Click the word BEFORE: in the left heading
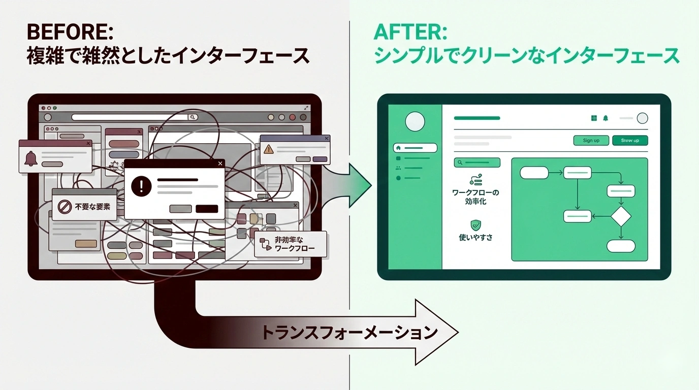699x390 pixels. [70, 32]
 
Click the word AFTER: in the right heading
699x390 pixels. [410, 32]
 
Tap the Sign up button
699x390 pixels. [591, 141]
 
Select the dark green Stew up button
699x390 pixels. [630, 141]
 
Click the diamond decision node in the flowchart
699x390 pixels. [621, 217]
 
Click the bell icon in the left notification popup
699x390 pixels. [30, 159]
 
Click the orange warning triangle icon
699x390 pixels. [269, 149]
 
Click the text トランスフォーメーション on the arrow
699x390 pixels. [349, 333]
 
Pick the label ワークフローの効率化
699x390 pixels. [476, 197]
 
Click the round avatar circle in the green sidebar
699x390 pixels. [415, 121]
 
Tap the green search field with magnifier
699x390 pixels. [478, 162]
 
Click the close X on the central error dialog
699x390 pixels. [220, 164]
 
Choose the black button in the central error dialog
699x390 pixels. [207, 209]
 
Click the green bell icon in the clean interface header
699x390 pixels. [606, 118]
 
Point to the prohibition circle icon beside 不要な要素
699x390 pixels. [63, 207]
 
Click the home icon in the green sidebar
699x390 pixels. [398, 148]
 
